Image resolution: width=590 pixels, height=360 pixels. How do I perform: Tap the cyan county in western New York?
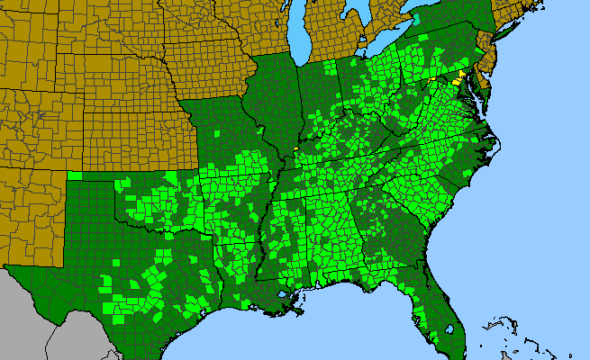[415, 17]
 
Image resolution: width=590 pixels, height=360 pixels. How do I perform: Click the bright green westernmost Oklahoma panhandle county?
[75, 175]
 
